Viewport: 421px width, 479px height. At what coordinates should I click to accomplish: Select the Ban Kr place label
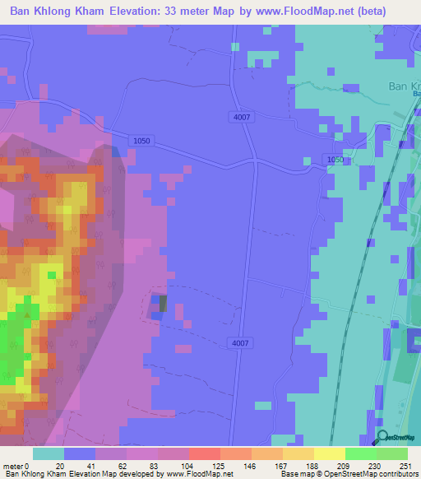click(x=404, y=86)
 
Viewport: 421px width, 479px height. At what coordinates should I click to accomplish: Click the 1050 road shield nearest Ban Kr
click(x=334, y=160)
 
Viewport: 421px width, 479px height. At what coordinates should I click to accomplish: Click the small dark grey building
click(x=162, y=304)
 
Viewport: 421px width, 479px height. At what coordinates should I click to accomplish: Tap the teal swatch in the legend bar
click(x=49, y=453)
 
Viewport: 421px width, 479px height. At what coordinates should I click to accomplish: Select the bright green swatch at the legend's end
click(x=392, y=453)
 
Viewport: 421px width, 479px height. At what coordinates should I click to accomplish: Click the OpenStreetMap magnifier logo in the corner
click(x=383, y=437)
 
